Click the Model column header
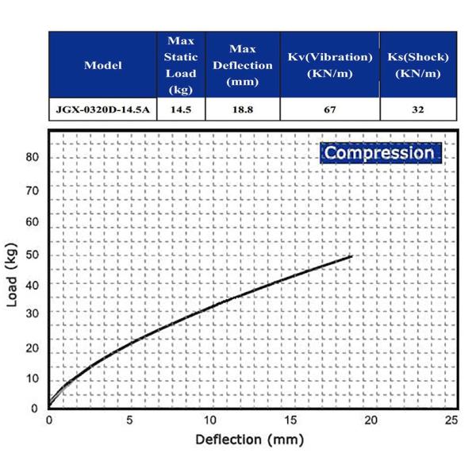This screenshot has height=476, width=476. pos(103,65)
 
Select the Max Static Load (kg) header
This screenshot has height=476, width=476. pos(181,65)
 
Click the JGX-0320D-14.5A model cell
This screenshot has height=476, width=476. pos(103,109)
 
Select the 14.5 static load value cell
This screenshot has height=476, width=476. pos(181,109)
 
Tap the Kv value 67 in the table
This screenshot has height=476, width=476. pos(329,109)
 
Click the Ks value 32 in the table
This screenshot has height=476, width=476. pos(417,109)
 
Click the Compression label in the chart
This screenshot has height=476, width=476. pos(380,153)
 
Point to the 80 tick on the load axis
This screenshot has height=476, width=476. pos(33,157)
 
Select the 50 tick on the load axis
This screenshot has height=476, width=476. pos(33,255)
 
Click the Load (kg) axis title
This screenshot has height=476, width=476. pos(12,282)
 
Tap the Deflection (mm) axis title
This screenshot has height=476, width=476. pos(249,439)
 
